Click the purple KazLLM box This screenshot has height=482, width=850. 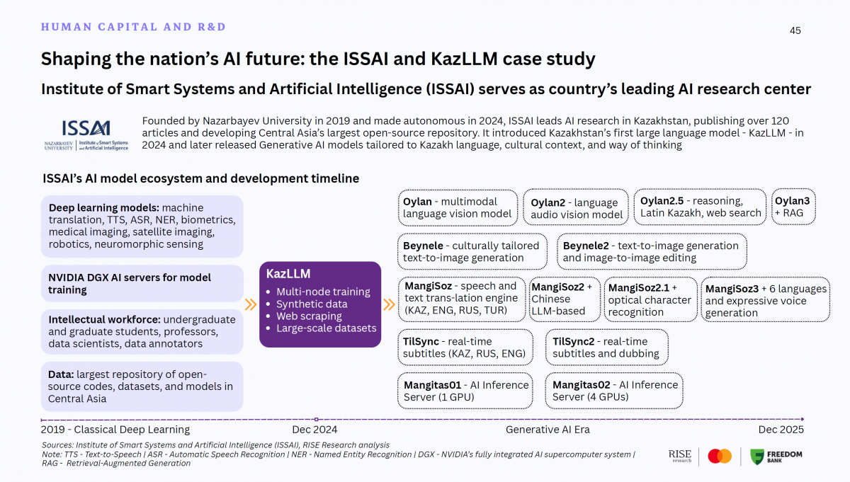[x=320, y=304]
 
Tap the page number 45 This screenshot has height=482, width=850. [x=795, y=30]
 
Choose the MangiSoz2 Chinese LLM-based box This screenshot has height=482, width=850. [x=565, y=299]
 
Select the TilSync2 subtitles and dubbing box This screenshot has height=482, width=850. [x=606, y=348]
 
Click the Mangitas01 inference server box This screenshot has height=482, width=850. [x=465, y=391]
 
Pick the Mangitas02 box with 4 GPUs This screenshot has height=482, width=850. [x=614, y=391]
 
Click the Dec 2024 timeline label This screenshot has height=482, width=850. [x=314, y=429]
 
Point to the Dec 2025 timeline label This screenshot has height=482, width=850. [x=781, y=429]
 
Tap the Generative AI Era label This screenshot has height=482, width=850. [x=548, y=429]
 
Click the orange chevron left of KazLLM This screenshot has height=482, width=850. [x=251, y=305]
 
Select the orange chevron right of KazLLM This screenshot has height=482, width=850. [x=389, y=305]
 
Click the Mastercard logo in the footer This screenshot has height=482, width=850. [x=720, y=457]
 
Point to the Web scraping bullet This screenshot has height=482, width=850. [x=309, y=316]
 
